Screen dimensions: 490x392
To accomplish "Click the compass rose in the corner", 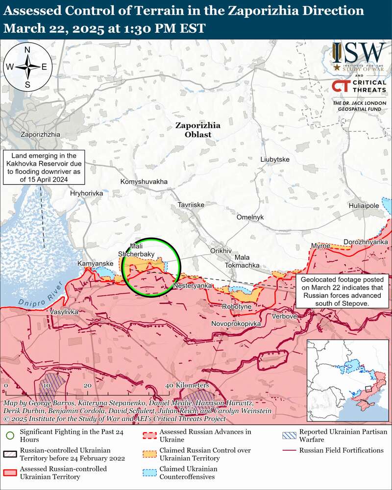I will tap(27, 67).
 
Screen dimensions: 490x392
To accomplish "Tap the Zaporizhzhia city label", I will tap(41, 134).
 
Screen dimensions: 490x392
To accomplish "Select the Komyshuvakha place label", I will tap(144, 182).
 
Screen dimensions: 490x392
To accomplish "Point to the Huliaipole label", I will tap(364, 206).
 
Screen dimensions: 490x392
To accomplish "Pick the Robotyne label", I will tap(237, 306).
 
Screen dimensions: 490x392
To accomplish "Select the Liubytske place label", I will tap(275, 160).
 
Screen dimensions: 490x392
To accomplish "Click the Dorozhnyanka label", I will tap(366, 242).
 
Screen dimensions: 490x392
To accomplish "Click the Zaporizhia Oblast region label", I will tap(198, 130).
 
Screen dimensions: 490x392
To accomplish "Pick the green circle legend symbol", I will tap(10, 434).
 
